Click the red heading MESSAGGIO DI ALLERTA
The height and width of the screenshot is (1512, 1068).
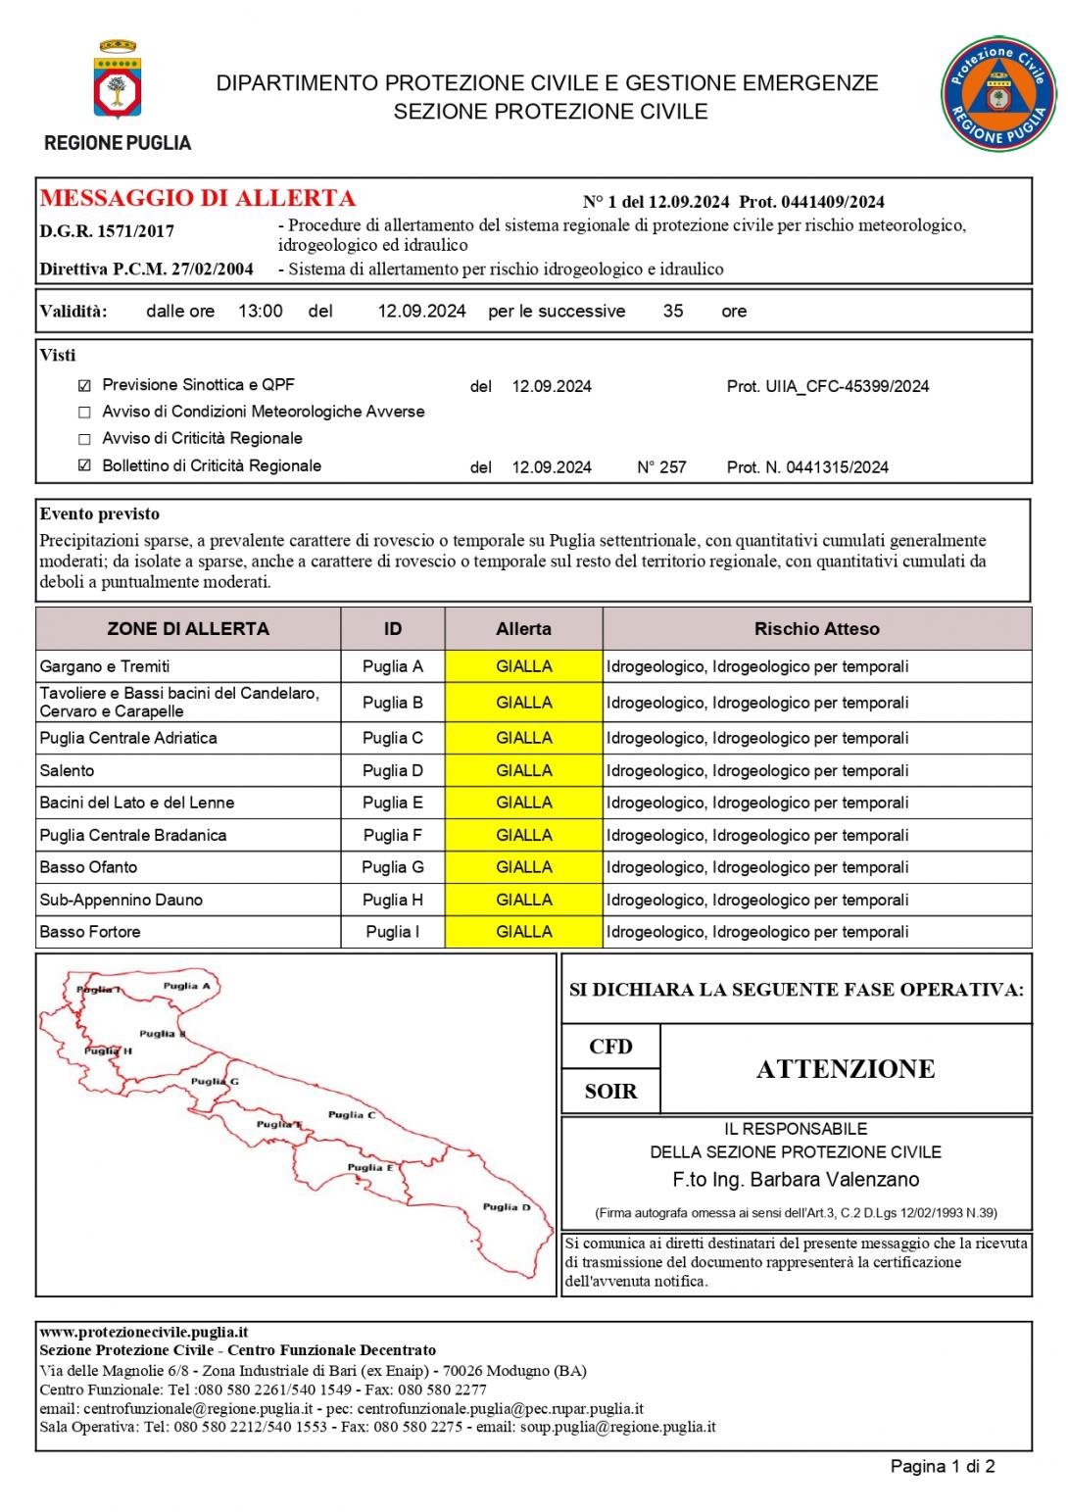coord(197,198)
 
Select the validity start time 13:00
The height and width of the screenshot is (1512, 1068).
coord(261,311)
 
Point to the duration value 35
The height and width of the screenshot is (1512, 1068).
coord(673,311)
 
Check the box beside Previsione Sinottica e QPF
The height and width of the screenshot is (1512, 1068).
coord(84,385)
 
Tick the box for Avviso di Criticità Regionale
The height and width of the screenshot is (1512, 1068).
coord(84,439)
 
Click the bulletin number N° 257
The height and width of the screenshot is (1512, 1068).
coord(661,467)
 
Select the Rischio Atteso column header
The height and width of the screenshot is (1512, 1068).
coord(816,629)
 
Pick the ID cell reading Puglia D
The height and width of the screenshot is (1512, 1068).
coord(392,770)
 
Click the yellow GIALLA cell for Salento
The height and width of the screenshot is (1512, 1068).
coord(523,770)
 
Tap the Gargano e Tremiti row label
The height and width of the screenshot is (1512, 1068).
coord(105,666)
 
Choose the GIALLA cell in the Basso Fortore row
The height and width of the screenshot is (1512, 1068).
coord(523,932)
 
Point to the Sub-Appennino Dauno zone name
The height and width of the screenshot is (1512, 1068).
coord(121,900)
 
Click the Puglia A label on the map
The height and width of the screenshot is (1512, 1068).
coord(186,986)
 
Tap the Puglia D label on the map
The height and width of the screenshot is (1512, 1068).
coord(506,1206)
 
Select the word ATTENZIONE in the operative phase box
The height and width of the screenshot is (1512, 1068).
coord(845,1069)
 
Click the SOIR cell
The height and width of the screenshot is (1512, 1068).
coord(610,1092)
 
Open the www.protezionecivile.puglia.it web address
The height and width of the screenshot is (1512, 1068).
coord(144,1332)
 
